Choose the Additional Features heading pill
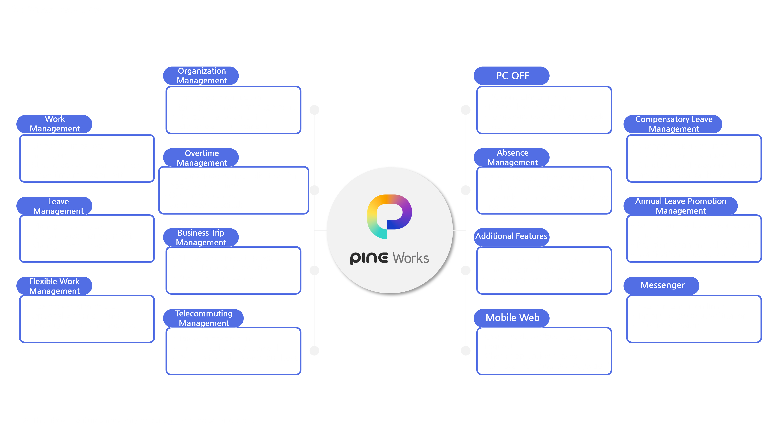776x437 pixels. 511,236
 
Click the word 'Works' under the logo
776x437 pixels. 411,258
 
